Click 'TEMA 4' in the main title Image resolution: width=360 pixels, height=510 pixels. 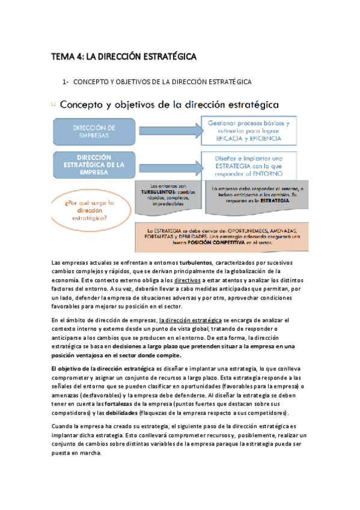(x=67, y=57)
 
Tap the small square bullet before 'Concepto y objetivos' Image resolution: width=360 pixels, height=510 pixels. (x=53, y=104)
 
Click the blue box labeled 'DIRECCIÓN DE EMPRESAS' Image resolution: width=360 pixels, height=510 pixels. (x=94, y=132)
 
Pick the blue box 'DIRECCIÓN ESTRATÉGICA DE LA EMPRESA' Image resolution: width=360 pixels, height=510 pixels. (x=94, y=164)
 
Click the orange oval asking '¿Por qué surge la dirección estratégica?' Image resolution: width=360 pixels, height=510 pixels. (x=90, y=210)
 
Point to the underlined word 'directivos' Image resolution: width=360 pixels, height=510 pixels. (x=188, y=280)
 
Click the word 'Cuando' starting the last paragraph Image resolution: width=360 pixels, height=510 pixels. (x=64, y=426)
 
